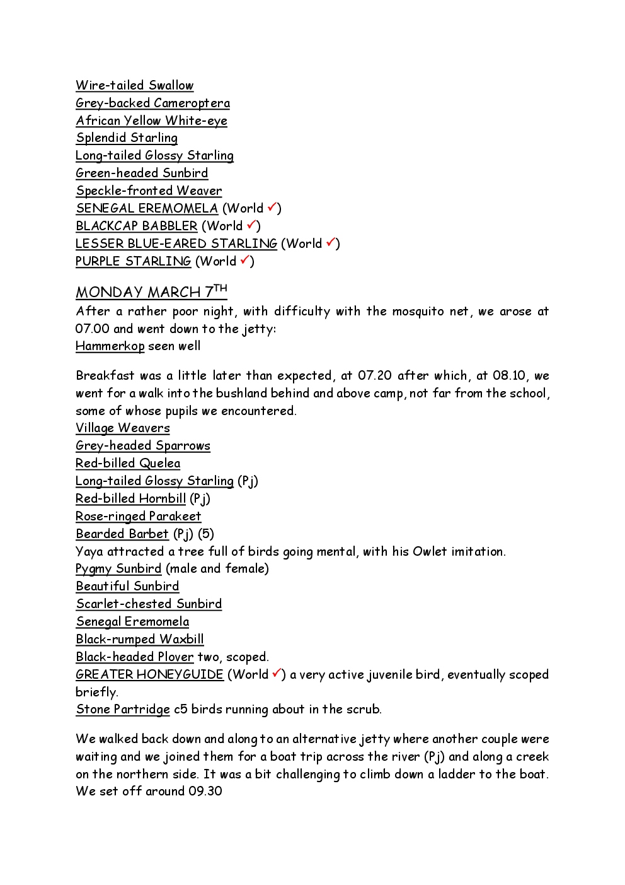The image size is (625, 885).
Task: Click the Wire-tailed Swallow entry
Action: point(134,86)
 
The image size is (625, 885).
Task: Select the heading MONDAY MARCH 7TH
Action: point(151,292)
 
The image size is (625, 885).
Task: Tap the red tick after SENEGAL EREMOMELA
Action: point(272,207)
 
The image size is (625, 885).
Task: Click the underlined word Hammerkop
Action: point(110,346)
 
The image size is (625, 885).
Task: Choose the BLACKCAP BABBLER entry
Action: point(136,226)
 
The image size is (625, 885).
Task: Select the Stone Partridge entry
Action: point(123,709)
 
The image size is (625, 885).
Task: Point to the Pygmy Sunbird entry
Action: point(118,569)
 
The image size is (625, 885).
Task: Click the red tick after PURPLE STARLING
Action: point(245,260)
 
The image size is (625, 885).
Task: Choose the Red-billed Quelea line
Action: point(128,464)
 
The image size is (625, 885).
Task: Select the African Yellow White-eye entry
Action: point(151,121)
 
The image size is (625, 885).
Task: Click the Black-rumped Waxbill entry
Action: point(139,639)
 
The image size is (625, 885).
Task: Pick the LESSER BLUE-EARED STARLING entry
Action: point(176,243)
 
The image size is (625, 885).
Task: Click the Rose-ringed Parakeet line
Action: point(138,516)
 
